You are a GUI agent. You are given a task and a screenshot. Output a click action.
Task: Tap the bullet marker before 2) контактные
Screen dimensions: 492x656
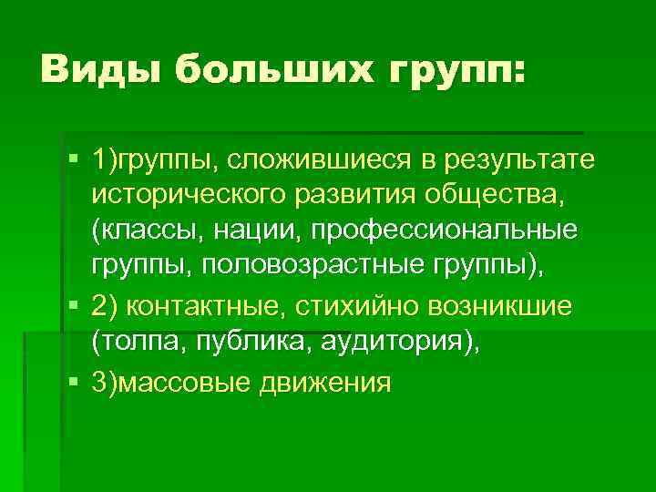(73, 305)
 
